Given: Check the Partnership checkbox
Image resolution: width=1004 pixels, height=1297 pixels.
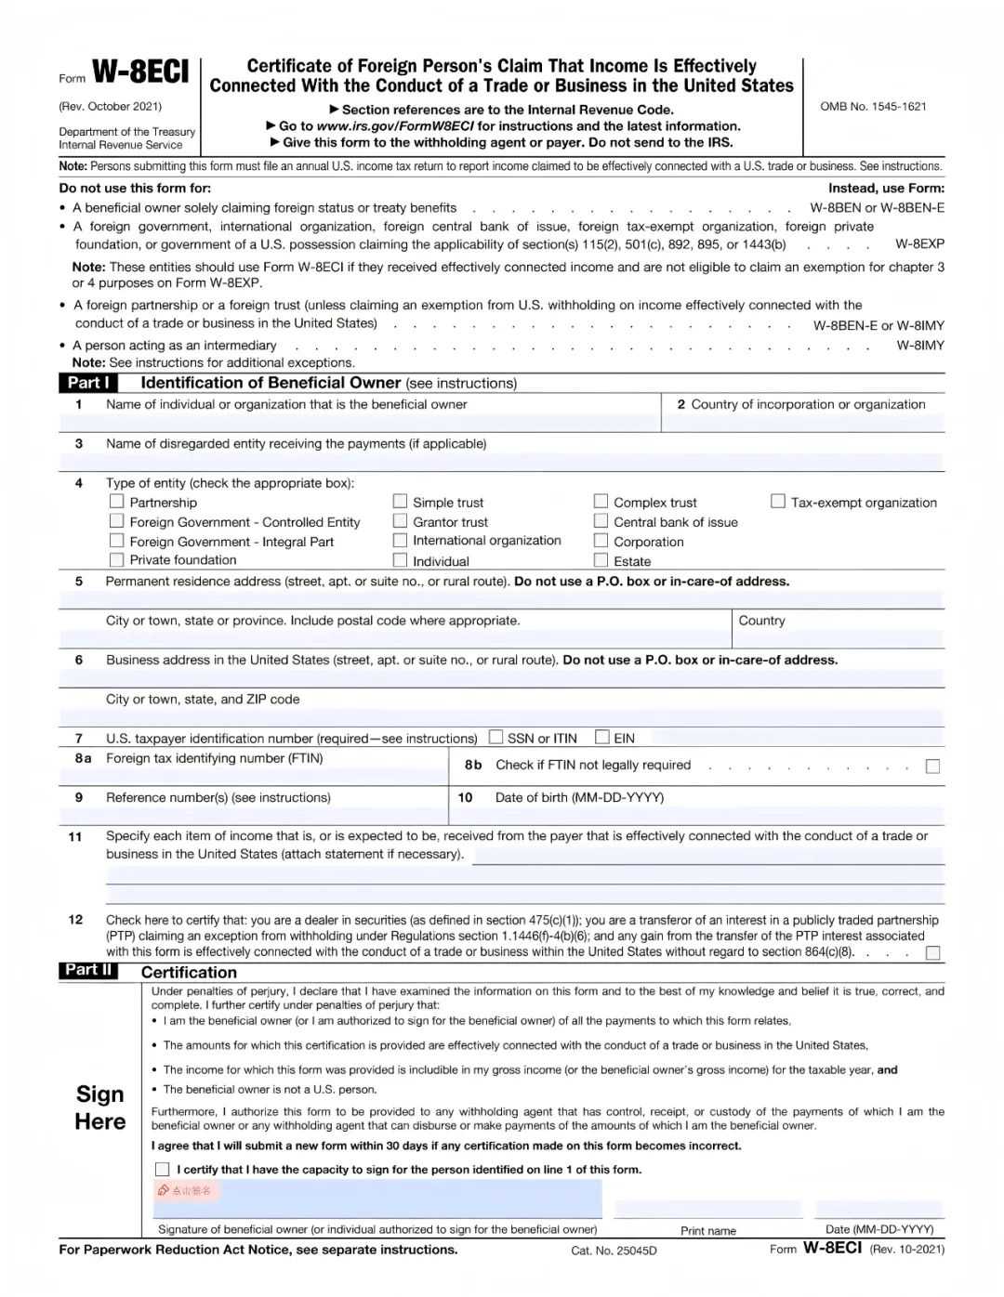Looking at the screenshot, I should pyautogui.click(x=117, y=501).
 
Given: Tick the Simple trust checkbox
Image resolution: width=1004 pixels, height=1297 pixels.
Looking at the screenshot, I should pyautogui.click(x=400, y=501).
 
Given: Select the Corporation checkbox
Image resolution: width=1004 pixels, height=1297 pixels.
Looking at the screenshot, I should pyautogui.click(x=601, y=541).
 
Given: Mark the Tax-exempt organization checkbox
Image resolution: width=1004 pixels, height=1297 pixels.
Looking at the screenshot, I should pyautogui.click(x=778, y=501).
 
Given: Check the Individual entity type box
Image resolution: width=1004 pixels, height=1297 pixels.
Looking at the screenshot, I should pyautogui.click(x=400, y=560).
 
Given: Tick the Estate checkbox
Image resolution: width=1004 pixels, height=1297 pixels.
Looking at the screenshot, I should pyautogui.click(x=601, y=560).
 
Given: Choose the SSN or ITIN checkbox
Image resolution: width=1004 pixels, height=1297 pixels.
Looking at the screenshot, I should pyautogui.click(x=496, y=737).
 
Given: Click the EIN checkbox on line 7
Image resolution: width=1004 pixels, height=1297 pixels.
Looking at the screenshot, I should pyautogui.click(x=602, y=737).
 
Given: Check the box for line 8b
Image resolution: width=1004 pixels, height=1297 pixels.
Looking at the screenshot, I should pyautogui.click(x=932, y=766).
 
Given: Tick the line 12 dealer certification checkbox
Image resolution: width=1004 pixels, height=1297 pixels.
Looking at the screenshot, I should pyautogui.click(x=932, y=952).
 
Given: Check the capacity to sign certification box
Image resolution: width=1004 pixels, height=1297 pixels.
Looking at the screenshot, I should pyautogui.click(x=163, y=1169).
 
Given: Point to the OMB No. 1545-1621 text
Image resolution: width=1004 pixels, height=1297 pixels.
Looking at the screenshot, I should pyautogui.click(x=873, y=107).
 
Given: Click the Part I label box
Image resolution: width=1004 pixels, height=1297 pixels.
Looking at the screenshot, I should pyautogui.click(x=88, y=383).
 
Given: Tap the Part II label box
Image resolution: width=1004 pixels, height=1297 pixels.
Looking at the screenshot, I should pyautogui.click(x=88, y=970).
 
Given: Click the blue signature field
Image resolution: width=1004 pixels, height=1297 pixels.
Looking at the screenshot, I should pyautogui.click(x=376, y=1199).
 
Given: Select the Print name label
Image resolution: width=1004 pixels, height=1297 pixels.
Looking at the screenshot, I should pyautogui.click(x=708, y=1231).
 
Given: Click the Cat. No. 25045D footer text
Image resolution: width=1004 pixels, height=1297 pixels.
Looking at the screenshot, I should pyautogui.click(x=614, y=1251).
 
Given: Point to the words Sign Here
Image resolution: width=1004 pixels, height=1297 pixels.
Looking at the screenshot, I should pyautogui.click(x=100, y=1107).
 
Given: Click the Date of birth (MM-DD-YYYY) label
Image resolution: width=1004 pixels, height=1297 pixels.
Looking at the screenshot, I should pyautogui.click(x=579, y=797).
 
